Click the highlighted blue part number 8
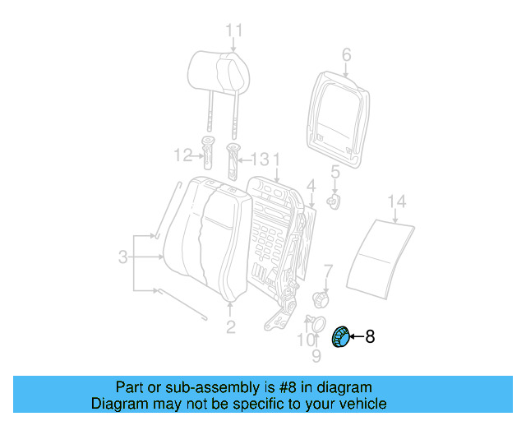339,337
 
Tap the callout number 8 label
369,335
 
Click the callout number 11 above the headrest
234,31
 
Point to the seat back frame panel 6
338,111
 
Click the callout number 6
346,55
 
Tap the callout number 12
182,155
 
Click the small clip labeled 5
335,200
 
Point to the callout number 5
335,173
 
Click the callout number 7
328,270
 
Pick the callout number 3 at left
122,257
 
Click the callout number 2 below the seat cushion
230,327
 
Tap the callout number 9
316,356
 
